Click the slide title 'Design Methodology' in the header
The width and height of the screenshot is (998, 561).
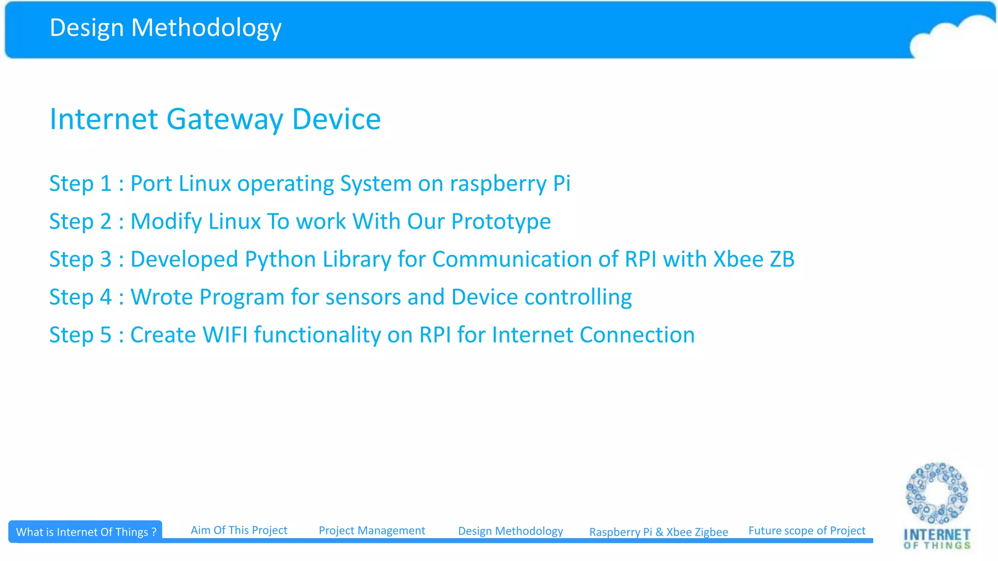pos(166,28)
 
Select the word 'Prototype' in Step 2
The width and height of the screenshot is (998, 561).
pos(501,222)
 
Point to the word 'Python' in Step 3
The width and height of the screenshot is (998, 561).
pos(280,260)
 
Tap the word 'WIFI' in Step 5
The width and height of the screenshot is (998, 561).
pos(225,335)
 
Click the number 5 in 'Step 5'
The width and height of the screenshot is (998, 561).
pos(106,335)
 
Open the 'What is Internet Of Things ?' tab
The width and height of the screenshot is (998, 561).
pos(86,532)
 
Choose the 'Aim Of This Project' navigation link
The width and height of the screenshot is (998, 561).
pos(239,530)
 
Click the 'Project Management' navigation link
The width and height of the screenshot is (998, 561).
pos(372,530)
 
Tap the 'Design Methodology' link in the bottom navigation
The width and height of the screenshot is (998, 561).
pos(510,531)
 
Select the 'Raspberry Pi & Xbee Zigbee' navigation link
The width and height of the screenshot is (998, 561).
pos(658,532)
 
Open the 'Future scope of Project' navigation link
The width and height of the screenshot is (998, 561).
pos(806,530)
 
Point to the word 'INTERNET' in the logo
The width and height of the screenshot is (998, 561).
pos(937,535)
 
